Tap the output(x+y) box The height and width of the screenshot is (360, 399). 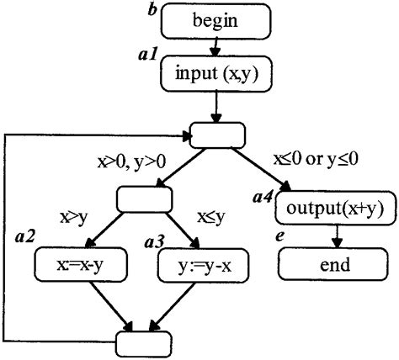click(334, 209)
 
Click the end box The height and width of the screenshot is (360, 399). click(334, 266)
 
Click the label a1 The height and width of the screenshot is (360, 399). click(147, 56)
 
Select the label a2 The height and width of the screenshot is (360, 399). click(25, 241)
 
